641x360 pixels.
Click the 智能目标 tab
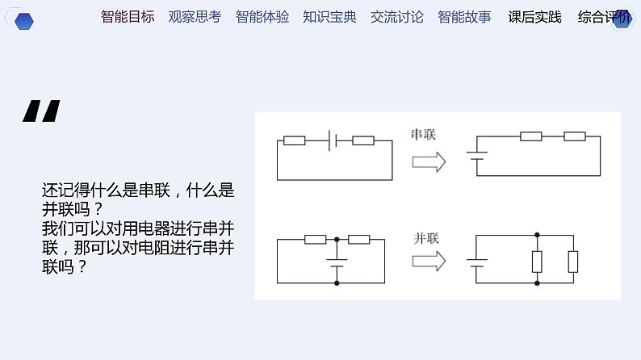[x=128, y=16]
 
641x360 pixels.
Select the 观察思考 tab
[x=195, y=16]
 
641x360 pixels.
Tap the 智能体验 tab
[x=262, y=16]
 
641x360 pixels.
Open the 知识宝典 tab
[x=329, y=16]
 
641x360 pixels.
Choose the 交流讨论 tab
[x=396, y=16]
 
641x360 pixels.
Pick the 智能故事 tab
[x=464, y=16]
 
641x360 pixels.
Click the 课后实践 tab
[x=534, y=16]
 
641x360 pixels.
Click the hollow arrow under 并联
[x=429, y=262]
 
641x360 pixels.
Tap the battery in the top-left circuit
[x=332, y=140]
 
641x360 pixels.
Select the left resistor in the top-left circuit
[x=294, y=140]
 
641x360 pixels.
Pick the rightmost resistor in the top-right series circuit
[x=574, y=136]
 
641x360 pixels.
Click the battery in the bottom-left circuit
[x=336, y=262]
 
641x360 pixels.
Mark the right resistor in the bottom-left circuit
[x=358, y=239]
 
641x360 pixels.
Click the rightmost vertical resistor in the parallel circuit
[x=573, y=261]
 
